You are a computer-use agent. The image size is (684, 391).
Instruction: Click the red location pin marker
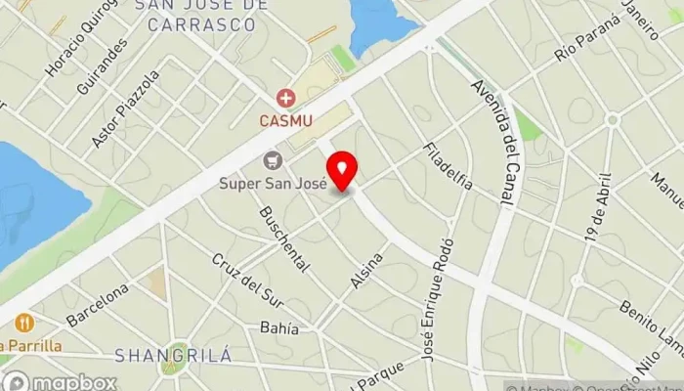342,172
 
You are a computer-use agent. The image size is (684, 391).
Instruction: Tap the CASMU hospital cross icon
285,98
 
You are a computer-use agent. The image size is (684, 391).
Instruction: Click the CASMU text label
284,121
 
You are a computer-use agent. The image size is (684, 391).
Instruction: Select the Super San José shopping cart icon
272,160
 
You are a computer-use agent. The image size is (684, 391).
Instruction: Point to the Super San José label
272,183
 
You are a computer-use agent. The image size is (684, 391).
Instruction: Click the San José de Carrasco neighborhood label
201,6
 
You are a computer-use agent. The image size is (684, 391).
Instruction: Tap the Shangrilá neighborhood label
174,355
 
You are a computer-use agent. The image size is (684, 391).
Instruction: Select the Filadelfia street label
447,166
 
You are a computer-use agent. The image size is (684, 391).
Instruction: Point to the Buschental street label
284,239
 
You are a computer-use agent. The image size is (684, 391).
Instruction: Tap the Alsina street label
366,270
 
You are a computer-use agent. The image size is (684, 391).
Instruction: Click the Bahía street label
278,327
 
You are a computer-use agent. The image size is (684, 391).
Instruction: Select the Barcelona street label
98,305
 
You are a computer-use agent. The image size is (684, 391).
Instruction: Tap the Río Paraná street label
587,39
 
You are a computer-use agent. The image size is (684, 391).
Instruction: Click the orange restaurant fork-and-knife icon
23,322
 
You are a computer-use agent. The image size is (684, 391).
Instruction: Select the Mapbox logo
60,382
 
